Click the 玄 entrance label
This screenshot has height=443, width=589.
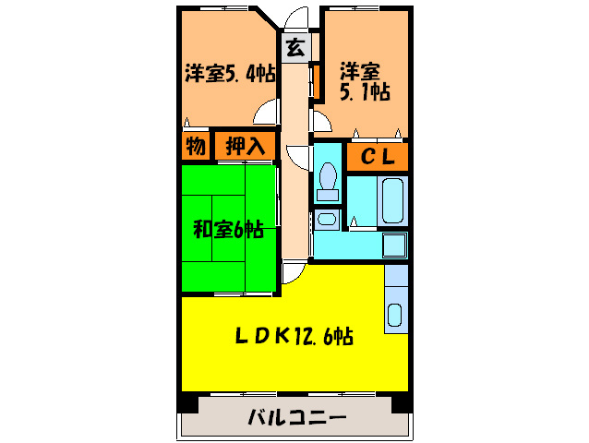294,48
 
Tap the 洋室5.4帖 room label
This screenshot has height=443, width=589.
230,74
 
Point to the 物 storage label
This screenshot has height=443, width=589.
195,146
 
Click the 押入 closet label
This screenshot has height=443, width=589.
245,146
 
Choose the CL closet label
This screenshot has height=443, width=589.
377,157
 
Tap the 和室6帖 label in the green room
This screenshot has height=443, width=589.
228,229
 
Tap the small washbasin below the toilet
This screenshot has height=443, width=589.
325,220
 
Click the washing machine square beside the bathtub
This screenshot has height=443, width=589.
395,245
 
